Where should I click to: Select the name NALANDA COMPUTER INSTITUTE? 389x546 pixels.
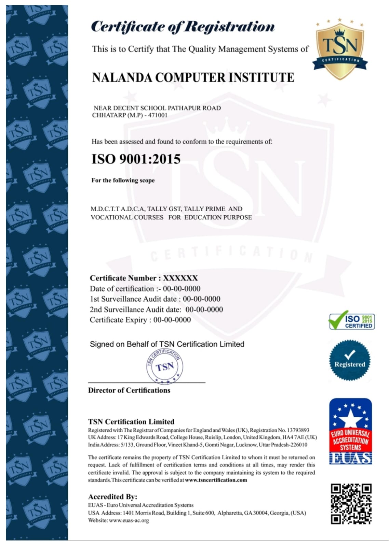click(193, 78)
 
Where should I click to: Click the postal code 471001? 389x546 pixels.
click(158, 115)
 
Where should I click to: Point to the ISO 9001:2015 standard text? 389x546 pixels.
click(136, 159)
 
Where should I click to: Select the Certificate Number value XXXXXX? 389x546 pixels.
click(180, 278)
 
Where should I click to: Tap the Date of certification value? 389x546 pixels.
click(182, 289)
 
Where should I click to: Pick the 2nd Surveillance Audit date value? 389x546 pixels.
click(204, 310)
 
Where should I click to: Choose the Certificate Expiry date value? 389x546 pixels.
click(172, 320)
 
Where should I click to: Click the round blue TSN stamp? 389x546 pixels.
click(165, 367)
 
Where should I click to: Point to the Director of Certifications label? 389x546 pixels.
click(129, 390)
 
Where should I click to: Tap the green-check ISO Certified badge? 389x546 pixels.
click(351, 321)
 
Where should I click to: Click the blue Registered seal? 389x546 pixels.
click(349, 360)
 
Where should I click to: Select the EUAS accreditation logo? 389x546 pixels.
click(350, 431)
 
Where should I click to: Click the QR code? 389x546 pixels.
click(351, 504)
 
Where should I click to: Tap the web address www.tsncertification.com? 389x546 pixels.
click(216, 480)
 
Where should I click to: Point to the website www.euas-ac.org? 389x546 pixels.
click(129, 521)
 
